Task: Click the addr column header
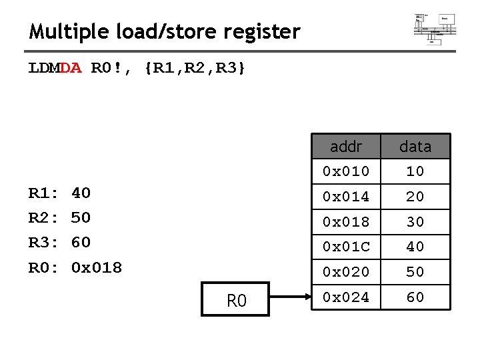[345, 146]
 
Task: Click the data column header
[415, 146]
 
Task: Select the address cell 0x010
[345, 171]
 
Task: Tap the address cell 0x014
[345, 197]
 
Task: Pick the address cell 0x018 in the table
[345, 221]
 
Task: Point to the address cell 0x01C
[345, 247]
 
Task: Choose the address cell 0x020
[345, 272]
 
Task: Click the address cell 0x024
[345, 297]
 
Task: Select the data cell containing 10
[415, 171]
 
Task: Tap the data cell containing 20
[415, 197]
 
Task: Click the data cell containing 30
[415, 221]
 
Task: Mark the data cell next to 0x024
[415, 297]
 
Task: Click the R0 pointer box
[237, 301]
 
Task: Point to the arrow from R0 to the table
[289, 298]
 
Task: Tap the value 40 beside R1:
[81, 193]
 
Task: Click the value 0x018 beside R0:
[97, 268]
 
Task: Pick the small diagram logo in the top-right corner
[435, 28]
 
